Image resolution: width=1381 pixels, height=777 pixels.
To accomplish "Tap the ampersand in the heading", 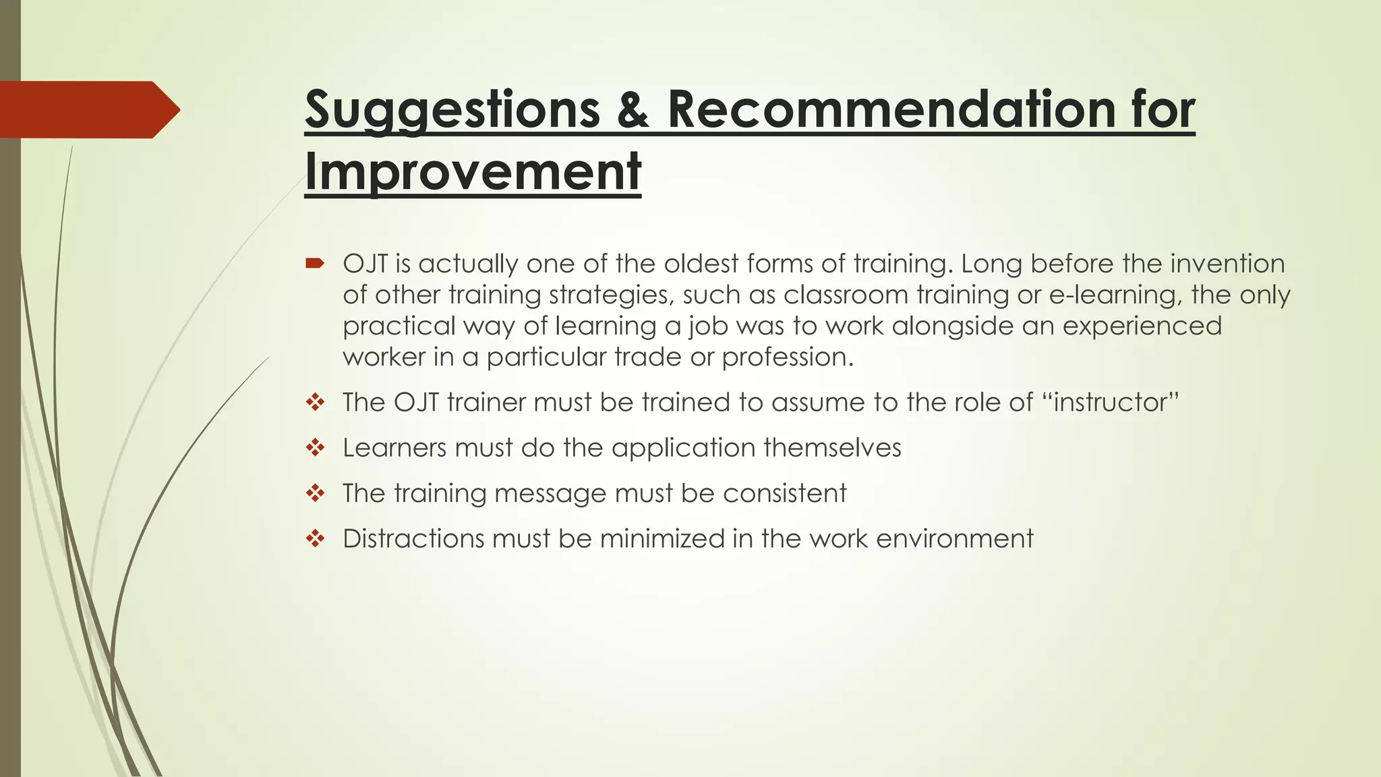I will [633, 109].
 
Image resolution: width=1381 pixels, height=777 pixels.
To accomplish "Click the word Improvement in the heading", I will [472, 171].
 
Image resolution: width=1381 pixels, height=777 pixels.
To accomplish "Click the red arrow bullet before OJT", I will [314, 263].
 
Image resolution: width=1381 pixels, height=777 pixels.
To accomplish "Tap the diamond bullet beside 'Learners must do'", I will [315, 447].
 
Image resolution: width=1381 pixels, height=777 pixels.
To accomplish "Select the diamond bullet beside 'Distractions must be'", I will [315, 538].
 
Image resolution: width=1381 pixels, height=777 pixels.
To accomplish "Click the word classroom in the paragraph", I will [846, 295].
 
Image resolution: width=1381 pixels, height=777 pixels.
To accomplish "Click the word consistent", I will [784, 493].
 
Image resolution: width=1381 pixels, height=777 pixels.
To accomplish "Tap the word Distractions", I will [413, 538].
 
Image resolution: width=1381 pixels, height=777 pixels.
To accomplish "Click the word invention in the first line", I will [1227, 263].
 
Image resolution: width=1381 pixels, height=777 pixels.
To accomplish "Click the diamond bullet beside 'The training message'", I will [315, 493].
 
